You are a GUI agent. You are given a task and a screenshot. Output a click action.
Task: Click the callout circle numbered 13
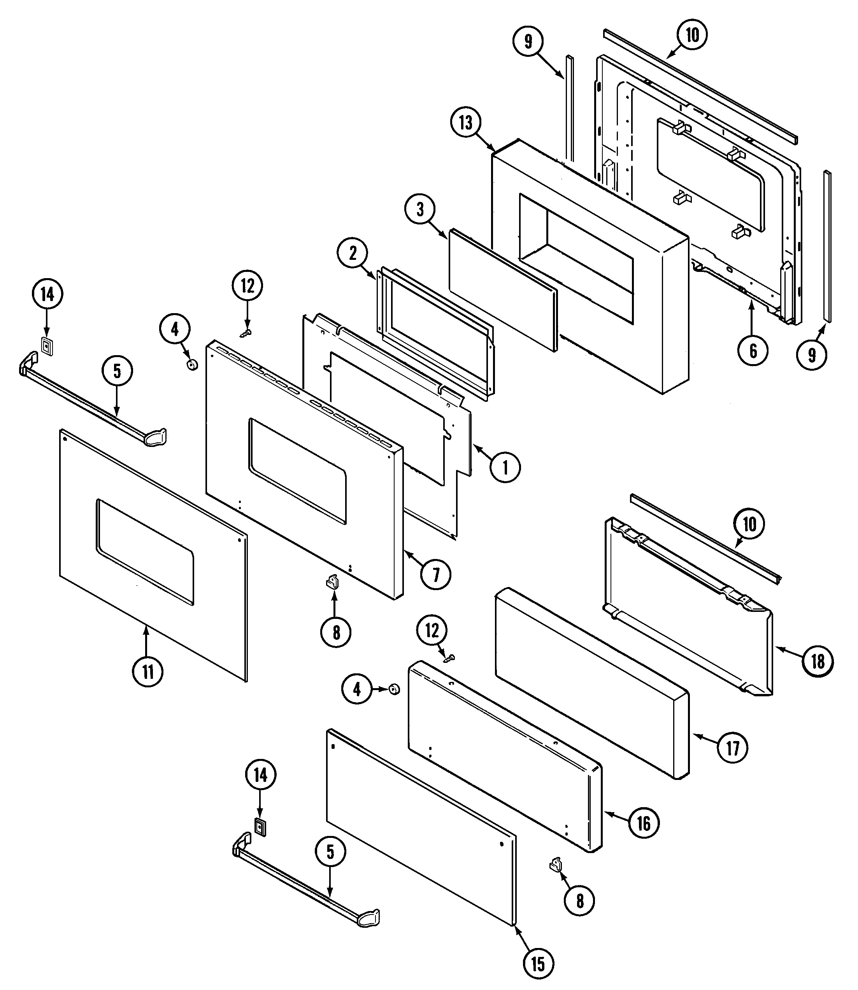(x=465, y=123)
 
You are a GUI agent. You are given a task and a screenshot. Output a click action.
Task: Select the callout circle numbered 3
(x=420, y=210)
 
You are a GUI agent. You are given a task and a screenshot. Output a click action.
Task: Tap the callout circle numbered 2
(x=353, y=253)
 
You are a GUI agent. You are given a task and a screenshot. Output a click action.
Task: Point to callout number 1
(x=505, y=467)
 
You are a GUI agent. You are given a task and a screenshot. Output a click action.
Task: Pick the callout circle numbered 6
(x=753, y=351)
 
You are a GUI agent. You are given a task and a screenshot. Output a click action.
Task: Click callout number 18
(x=818, y=662)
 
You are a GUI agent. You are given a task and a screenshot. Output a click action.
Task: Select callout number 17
(x=733, y=748)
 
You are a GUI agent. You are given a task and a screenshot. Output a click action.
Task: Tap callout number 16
(x=643, y=823)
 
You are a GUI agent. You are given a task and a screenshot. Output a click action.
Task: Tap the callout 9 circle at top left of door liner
(x=528, y=42)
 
